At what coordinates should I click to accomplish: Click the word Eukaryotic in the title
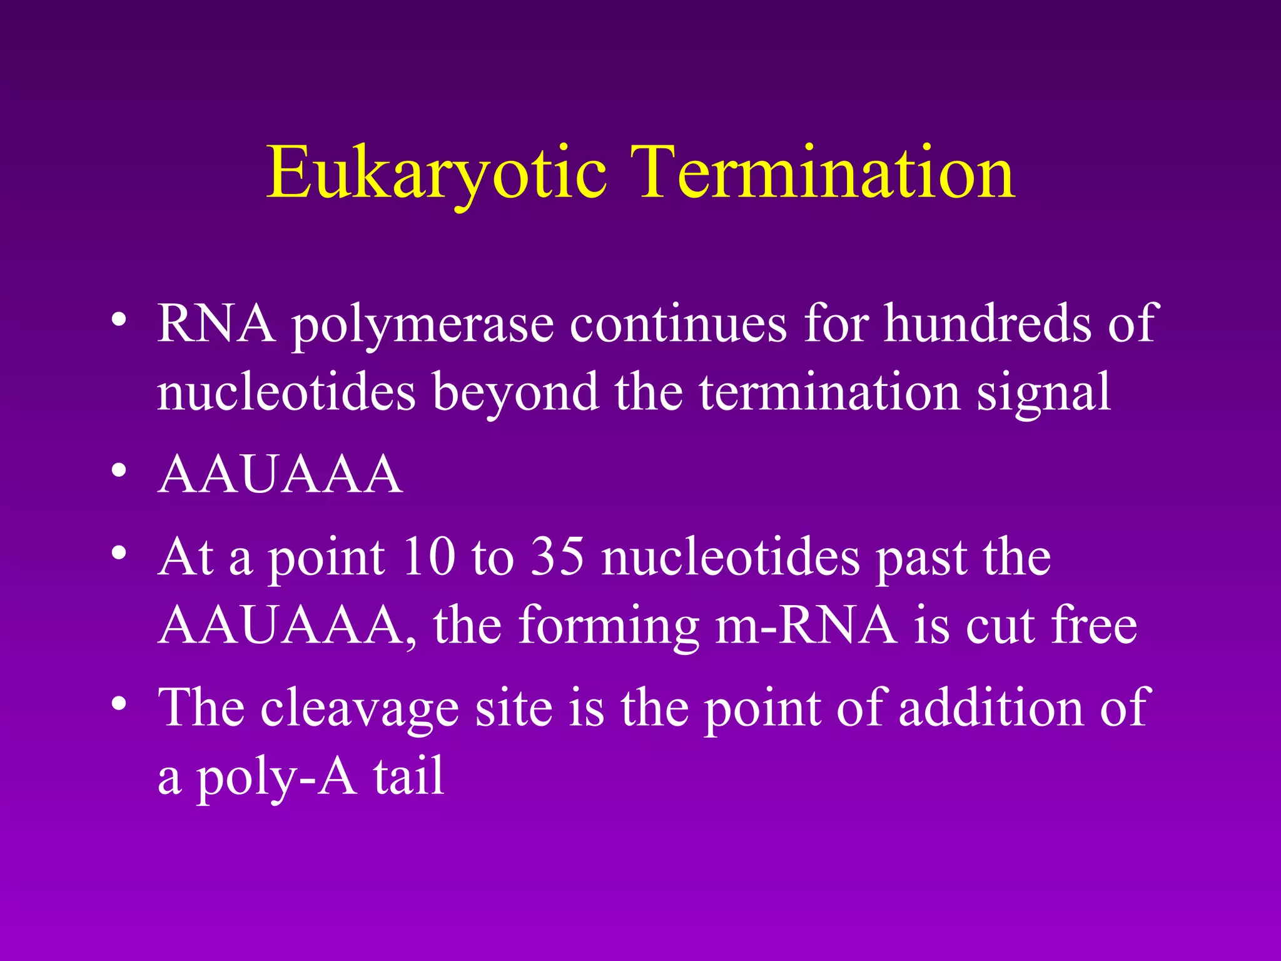pyautogui.click(x=436, y=173)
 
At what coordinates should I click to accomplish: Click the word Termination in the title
pyautogui.click(x=822, y=172)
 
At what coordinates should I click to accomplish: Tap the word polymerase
pyautogui.click(x=423, y=325)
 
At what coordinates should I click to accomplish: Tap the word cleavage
pyautogui.click(x=360, y=708)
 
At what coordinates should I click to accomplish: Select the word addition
pyautogui.click(x=991, y=707)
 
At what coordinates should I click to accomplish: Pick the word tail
pyautogui.click(x=409, y=776)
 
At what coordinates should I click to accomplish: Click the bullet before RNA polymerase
pyautogui.click(x=119, y=320)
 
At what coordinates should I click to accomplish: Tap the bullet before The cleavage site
pyautogui.click(x=119, y=703)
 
